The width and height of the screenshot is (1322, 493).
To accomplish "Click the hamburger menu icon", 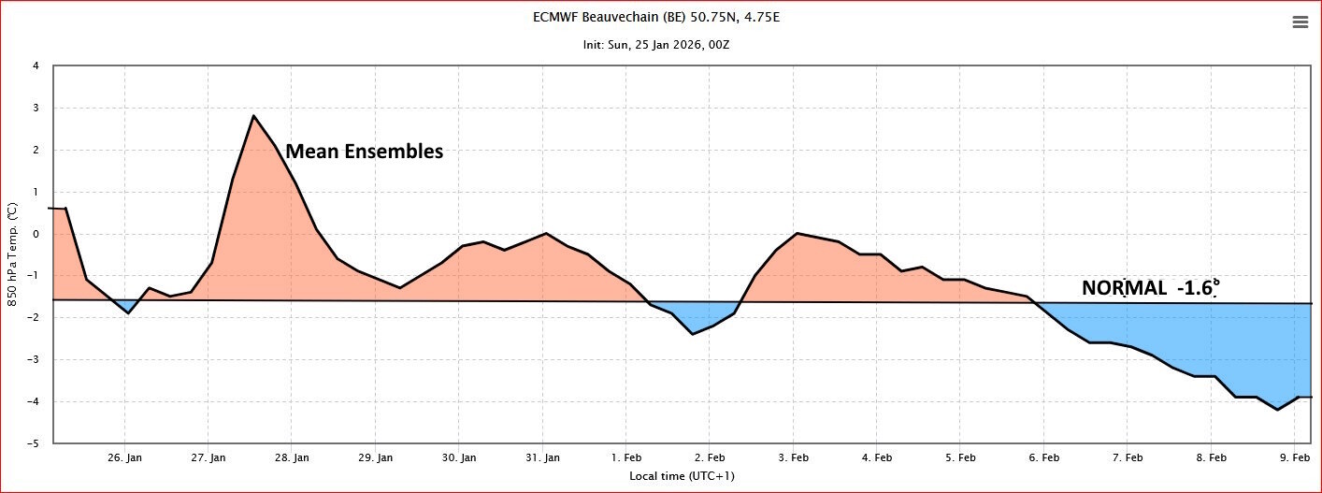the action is [1300, 22].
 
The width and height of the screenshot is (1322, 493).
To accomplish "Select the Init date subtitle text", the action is [656, 45].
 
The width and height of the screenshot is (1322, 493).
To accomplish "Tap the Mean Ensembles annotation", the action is [364, 152].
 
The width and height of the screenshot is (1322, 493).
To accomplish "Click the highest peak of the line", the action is [253, 115].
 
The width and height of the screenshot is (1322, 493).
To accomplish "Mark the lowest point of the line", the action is [1278, 410].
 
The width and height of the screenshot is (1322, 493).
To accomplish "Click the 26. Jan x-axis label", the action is [124, 457].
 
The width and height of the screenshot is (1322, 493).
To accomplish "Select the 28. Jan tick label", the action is [292, 457].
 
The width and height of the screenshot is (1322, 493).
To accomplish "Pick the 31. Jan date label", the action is [543, 457].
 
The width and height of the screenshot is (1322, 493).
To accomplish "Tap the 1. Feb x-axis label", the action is [626, 457].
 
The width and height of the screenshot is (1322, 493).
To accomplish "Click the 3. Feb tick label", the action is [793, 457].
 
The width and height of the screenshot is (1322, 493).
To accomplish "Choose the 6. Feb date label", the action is [1044, 457].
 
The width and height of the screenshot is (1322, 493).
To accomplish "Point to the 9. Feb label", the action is [1294, 457].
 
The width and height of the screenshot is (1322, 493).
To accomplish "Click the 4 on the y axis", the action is [36, 66].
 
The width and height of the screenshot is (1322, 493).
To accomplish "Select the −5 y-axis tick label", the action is [33, 443].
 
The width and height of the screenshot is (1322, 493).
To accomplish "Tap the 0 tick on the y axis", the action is [36, 234].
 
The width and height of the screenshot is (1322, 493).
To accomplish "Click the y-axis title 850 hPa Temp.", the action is [12, 254].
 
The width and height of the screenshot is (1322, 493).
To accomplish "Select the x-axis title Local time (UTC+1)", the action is [682, 476].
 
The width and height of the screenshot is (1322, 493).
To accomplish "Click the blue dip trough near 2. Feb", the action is [693, 334].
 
